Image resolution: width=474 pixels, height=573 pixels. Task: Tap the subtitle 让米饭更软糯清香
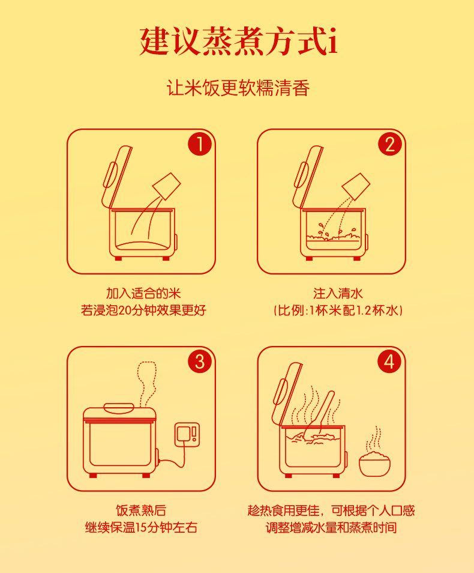[238, 88]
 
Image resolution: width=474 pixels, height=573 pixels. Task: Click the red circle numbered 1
[200, 144]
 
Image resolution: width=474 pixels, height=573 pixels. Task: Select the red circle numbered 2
[389, 144]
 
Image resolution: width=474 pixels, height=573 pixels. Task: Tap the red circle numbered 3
[200, 361]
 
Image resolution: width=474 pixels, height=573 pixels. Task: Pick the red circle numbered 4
[389, 361]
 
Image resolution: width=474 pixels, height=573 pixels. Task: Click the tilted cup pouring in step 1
[167, 186]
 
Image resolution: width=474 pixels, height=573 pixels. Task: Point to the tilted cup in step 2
[356, 186]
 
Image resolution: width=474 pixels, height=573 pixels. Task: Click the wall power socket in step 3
[187, 434]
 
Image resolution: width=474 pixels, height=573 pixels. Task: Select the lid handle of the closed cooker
[119, 407]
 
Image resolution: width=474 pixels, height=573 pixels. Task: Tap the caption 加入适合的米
[143, 293]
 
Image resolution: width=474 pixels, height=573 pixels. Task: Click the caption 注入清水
[338, 293]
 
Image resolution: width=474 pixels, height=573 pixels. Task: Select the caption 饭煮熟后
[141, 510]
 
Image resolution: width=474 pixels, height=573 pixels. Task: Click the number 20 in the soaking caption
[125, 311]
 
